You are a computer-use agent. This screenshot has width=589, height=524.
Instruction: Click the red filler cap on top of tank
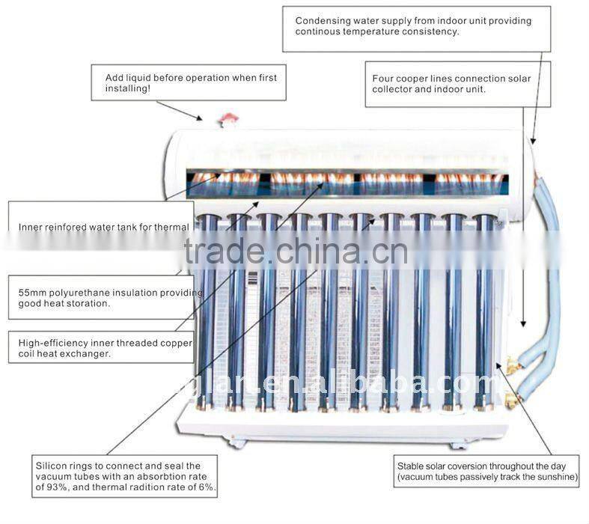[x=229, y=118]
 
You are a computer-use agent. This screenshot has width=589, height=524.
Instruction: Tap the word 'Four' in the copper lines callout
[x=384, y=77]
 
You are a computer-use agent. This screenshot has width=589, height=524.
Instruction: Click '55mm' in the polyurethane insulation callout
[x=32, y=293]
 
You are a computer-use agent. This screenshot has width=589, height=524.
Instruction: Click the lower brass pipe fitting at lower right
[x=512, y=400]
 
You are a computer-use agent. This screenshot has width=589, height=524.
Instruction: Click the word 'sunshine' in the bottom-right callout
[x=554, y=475]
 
